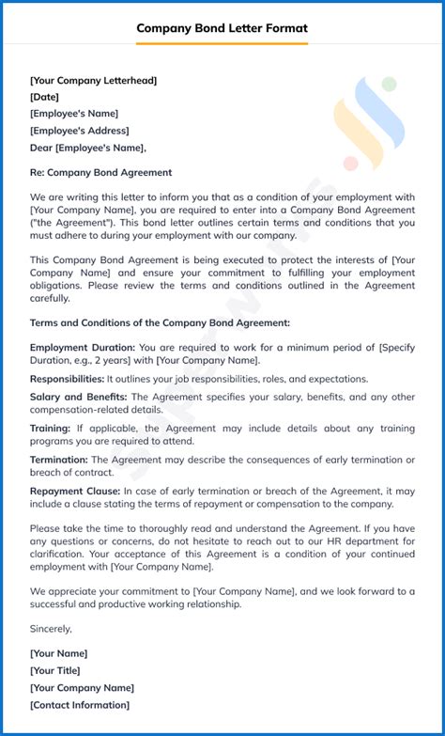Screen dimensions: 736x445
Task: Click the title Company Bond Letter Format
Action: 222,28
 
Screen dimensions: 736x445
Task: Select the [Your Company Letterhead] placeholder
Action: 93,81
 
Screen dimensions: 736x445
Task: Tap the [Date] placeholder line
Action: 44,97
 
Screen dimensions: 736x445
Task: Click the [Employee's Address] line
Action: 80,131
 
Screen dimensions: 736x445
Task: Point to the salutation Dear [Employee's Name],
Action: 88,148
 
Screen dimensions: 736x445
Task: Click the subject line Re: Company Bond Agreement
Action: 100,173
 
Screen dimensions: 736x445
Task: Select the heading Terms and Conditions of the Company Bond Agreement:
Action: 160,322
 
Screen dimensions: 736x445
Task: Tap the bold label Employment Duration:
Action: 83,348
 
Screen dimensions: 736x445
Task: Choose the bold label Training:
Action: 50,429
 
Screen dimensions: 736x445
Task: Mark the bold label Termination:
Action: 59,460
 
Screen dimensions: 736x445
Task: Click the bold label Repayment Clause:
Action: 75,491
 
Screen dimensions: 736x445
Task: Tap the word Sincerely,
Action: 51,628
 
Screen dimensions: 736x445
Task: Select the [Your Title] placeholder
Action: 54,670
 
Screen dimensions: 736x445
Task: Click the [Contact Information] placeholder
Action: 80,705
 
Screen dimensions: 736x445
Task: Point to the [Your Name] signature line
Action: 58,653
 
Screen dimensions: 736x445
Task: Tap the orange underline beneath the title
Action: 222,43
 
